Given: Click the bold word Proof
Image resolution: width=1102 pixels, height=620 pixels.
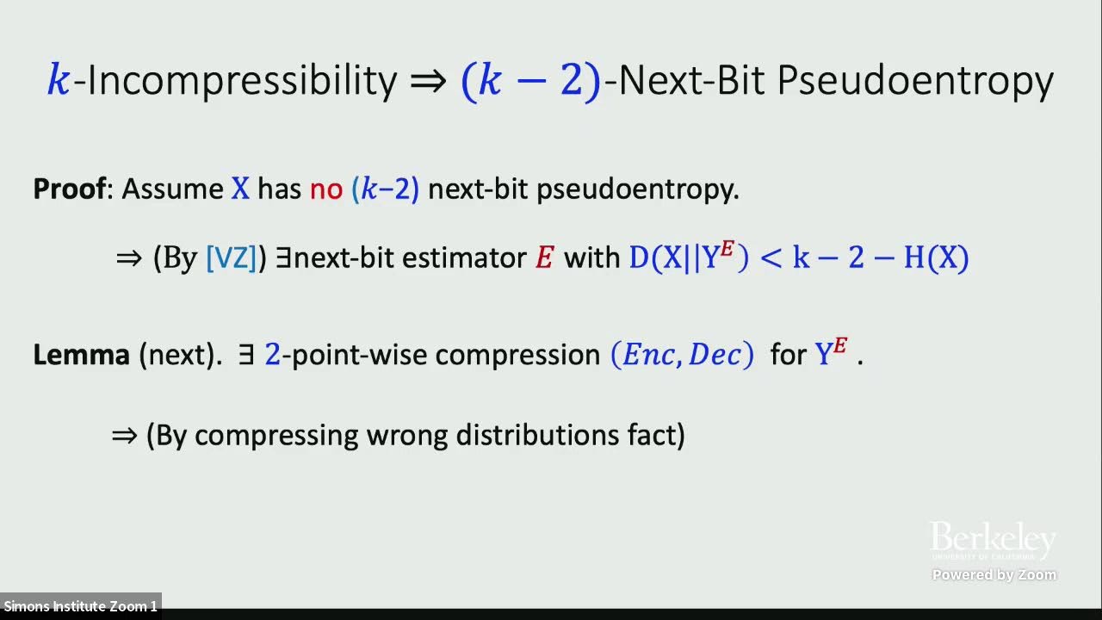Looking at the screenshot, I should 69,189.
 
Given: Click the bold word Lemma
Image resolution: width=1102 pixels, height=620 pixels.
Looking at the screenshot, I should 81,354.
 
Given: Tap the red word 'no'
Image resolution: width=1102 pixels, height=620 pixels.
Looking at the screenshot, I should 326,189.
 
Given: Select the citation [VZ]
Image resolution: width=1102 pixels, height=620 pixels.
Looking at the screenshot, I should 232,258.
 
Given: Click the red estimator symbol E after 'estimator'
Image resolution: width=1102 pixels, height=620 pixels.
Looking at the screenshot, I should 544,258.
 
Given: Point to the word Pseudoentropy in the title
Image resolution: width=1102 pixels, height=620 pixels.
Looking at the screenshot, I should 916,80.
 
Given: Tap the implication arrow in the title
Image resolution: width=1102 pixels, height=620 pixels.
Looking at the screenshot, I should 429,81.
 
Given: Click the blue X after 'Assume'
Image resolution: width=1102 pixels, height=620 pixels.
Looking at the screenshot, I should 240,189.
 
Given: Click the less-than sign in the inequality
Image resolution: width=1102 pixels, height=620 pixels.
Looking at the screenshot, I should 771,258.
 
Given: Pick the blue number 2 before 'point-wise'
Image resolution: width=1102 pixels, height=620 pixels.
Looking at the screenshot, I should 272,354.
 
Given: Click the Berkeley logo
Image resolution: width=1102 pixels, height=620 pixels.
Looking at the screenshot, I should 993,540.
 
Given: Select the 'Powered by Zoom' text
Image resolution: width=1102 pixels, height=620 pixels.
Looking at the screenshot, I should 994,574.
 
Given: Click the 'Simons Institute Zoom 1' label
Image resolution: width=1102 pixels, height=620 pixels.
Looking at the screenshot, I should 80,606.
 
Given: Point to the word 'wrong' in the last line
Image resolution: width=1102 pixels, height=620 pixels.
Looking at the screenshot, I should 407,435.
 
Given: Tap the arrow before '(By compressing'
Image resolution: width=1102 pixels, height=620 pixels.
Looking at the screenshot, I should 125,435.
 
